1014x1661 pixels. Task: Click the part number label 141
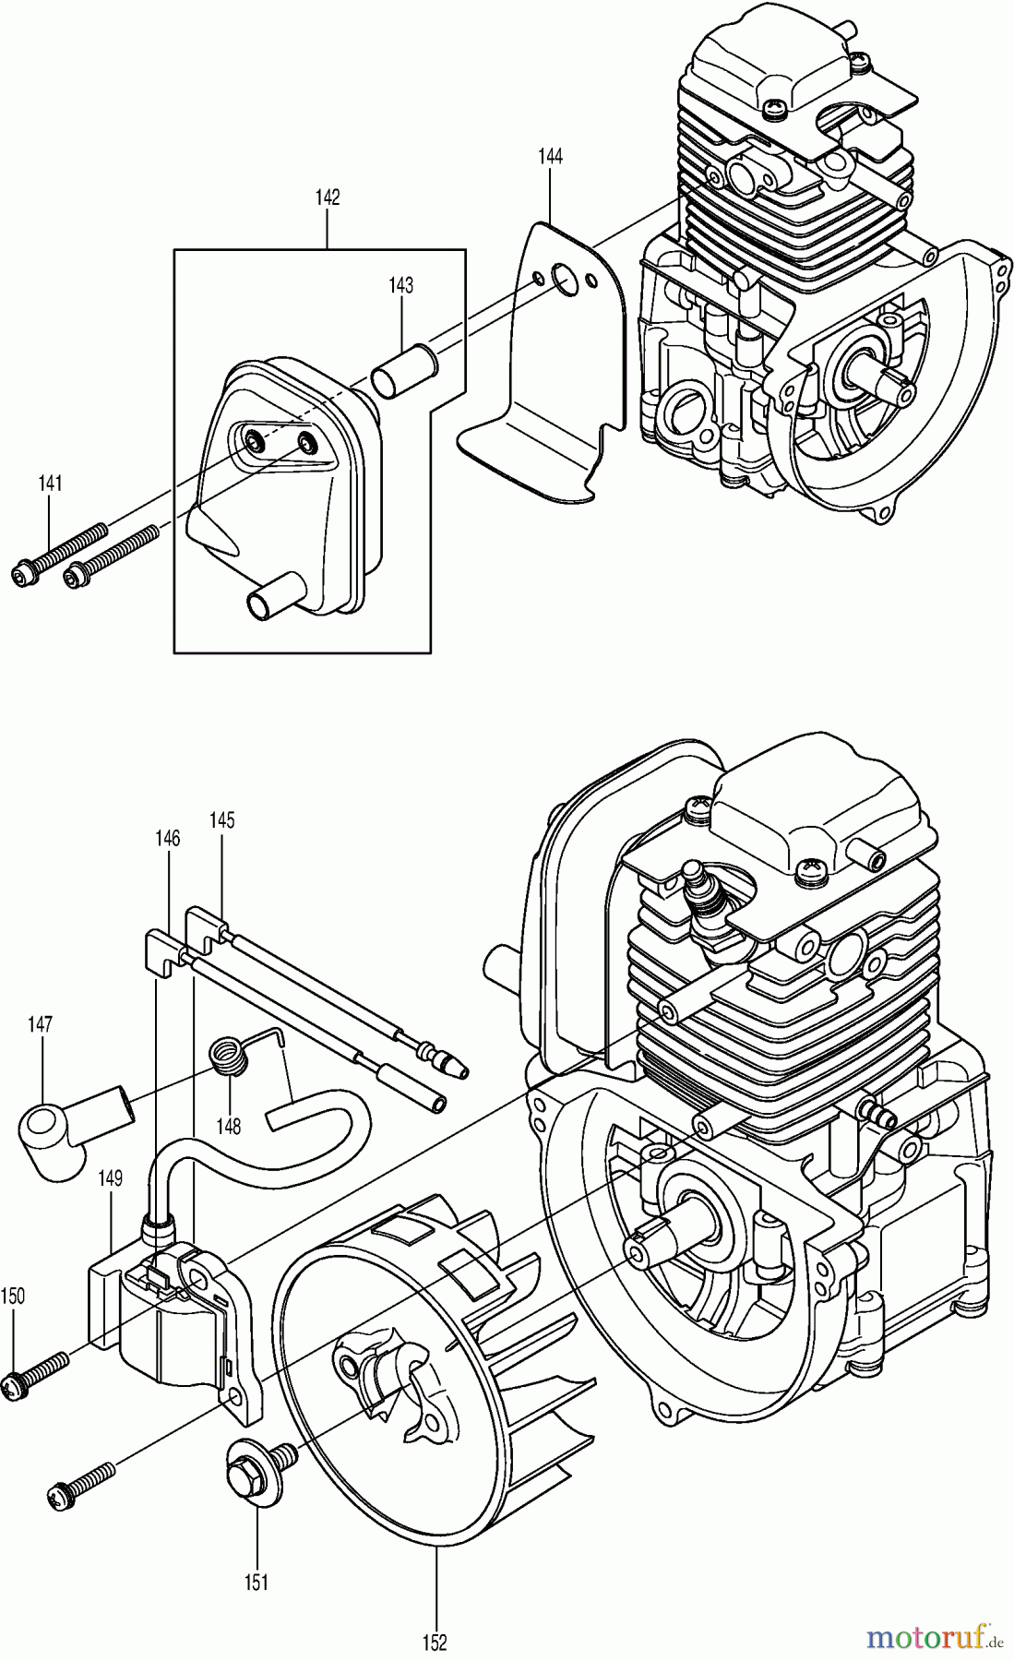pos(50,483)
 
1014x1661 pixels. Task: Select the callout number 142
pos(328,197)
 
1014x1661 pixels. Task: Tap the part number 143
pos(400,285)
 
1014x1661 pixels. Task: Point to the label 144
pos(550,156)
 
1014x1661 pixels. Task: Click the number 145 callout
pos(222,819)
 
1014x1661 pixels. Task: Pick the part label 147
pos(41,1023)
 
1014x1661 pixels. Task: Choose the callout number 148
pos(228,1126)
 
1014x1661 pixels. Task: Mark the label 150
pos(13,1296)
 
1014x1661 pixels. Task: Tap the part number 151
pos(256,1583)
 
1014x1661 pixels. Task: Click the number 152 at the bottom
pos(435,1642)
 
